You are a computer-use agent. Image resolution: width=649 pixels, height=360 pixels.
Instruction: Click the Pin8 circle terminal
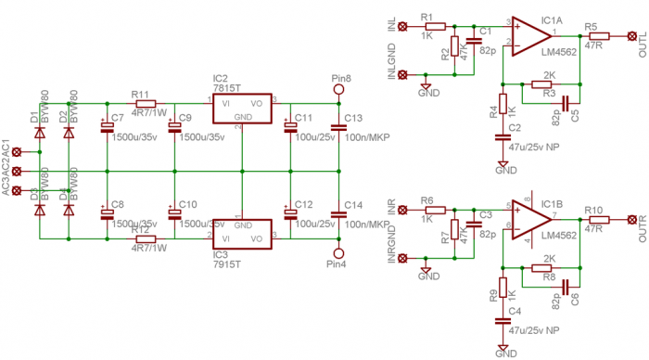pos(338,91)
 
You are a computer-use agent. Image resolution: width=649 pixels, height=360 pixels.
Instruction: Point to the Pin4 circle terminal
pos(338,252)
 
